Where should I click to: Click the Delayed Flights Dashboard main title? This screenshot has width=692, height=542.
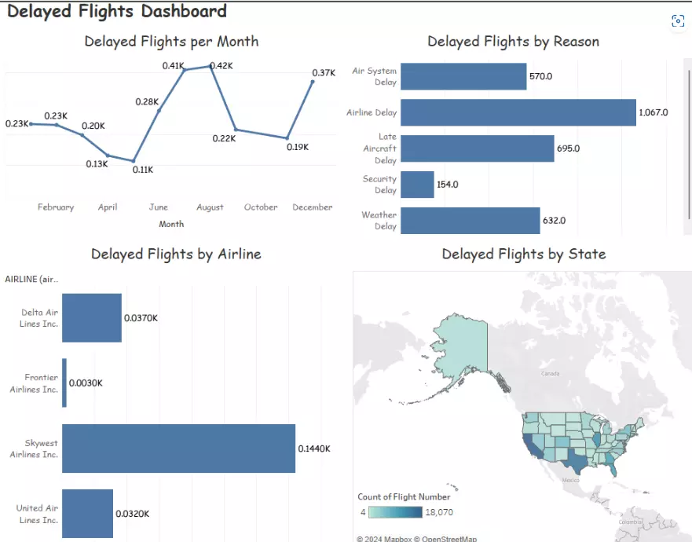coord(117,11)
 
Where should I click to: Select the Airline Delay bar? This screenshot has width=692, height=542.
coord(518,112)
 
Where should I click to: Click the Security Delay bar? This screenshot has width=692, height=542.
coord(417,185)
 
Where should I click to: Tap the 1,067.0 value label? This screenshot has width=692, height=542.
coord(654,112)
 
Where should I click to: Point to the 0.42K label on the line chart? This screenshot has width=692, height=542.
coord(222,66)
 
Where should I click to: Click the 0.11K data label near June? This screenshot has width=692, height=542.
coord(142,170)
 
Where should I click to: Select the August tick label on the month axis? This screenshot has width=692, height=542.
coord(210,207)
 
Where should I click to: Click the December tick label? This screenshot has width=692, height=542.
coord(313,207)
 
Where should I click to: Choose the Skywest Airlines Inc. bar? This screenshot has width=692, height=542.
coord(178,449)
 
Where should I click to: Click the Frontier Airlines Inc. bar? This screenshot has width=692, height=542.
coord(64,383)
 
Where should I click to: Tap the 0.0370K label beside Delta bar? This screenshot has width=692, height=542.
coord(141,318)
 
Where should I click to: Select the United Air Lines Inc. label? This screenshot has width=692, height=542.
coord(38,514)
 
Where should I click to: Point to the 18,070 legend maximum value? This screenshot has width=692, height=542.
coord(438,512)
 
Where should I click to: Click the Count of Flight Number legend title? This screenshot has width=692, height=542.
coord(404,496)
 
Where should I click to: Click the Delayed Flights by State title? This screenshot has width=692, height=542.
coord(523,254)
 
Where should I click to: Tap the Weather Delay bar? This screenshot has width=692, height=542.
coord(470,221)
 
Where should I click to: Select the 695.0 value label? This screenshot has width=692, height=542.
coord(569,148)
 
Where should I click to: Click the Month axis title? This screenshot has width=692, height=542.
coord(171,224)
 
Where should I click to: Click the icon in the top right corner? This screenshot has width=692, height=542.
coord(678,21)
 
